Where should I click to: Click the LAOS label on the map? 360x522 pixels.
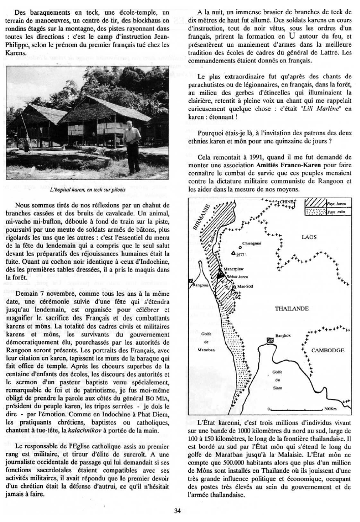[309, 237]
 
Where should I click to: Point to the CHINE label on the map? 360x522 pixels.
[287, 202]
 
